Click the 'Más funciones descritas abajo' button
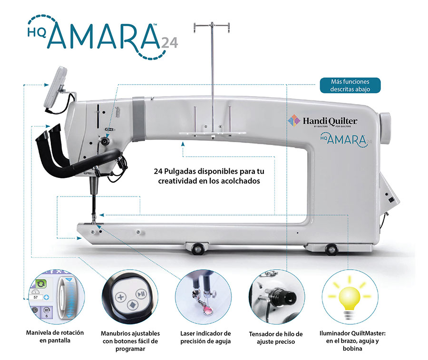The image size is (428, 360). (x=350, y=85)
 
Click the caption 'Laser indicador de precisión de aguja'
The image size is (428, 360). (x=205, y=337)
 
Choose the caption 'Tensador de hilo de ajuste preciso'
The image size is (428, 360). (x=276, y=337)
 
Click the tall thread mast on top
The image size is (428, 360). (x=212, y=71)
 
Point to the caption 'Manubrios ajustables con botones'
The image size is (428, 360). (x=130, y=341)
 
